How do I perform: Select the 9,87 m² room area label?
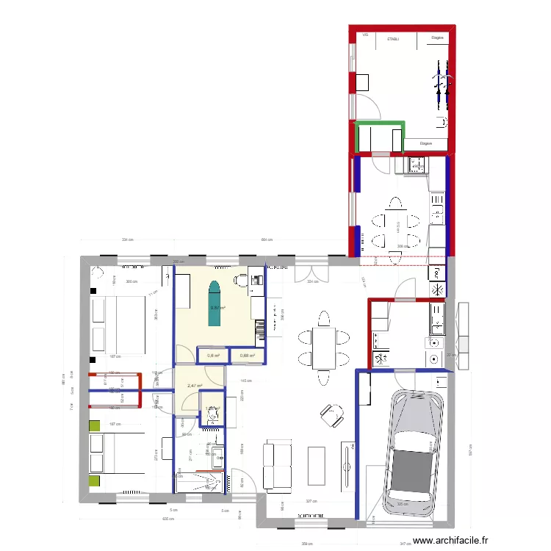pos(217,309)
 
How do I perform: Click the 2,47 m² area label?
pos(194,386)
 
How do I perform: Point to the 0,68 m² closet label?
pos(248,356)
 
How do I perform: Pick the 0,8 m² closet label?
pos(213,356)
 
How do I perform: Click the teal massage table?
pos(215,303)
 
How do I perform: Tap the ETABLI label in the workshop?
pos(393,37)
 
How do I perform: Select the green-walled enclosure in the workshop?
pos(380,137)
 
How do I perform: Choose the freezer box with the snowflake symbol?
pos(436,289)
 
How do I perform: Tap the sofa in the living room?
pos(277,465)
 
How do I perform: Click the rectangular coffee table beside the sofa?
pos(317,466)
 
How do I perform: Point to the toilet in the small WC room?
pos(212,415)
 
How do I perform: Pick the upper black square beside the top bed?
pos(94,291)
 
